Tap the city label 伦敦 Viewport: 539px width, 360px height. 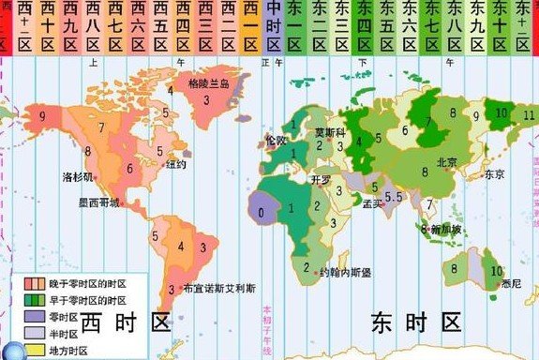click(x=277, y=140)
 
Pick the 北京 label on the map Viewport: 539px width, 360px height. click(x=448, y=161)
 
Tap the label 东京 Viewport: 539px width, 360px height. click(x=495, y=173)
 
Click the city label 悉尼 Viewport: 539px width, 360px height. click(x=512, y=282)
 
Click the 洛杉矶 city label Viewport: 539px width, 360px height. click(x=78, y=175)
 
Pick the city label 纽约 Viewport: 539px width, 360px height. click(x=176, y=164)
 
